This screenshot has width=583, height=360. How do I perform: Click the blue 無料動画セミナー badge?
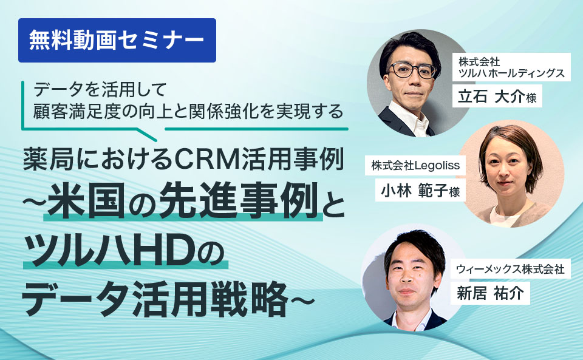click(x=117, y=40)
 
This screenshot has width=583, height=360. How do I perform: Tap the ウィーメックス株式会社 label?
click(x=511, y=268)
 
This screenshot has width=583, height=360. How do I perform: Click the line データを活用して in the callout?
click(x=100, y=90)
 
